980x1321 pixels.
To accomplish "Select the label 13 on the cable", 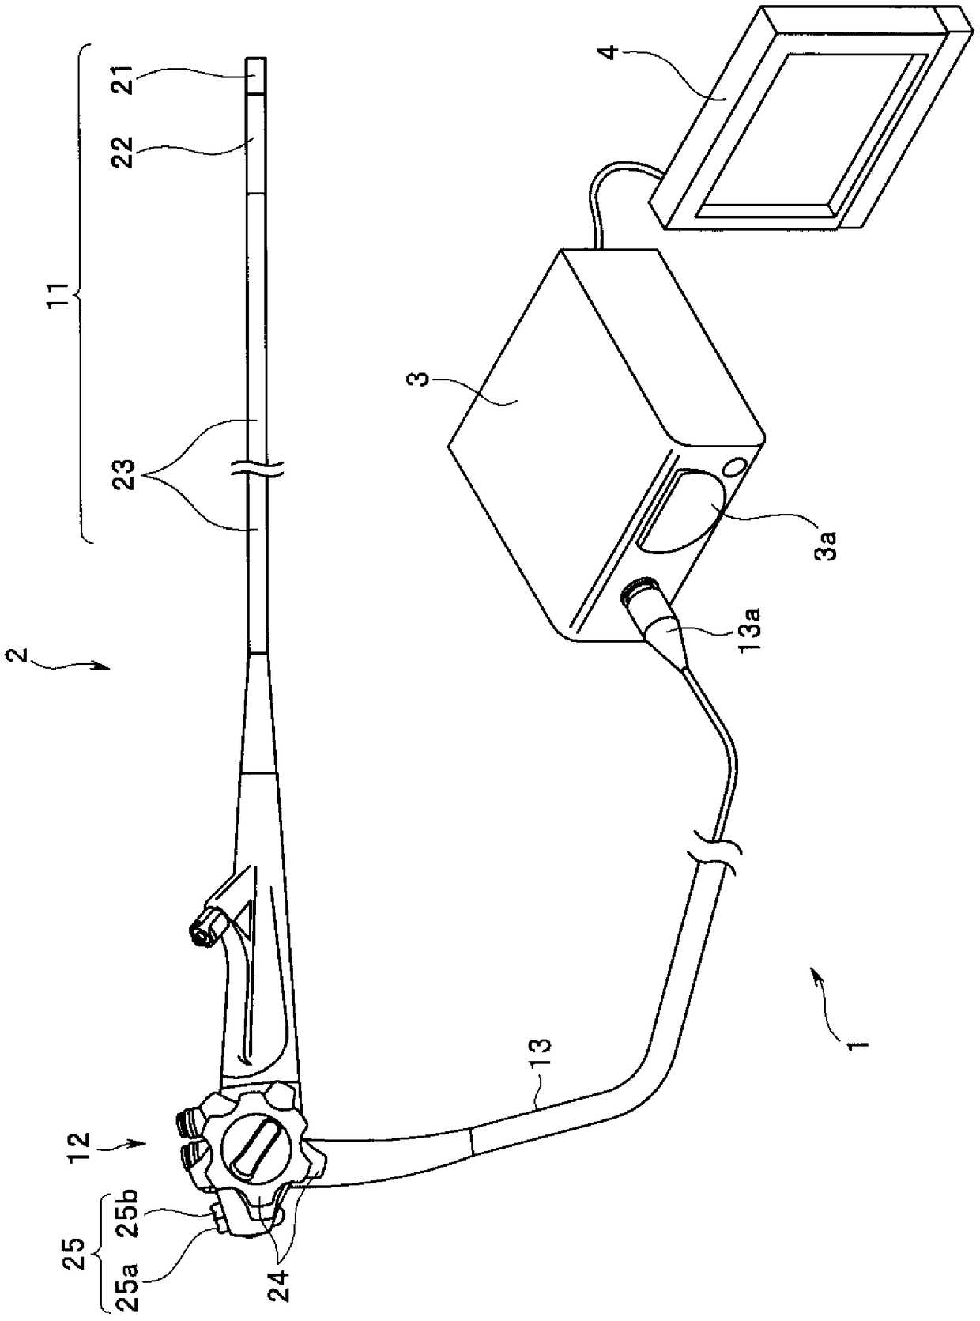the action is tap(545, 1057).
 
